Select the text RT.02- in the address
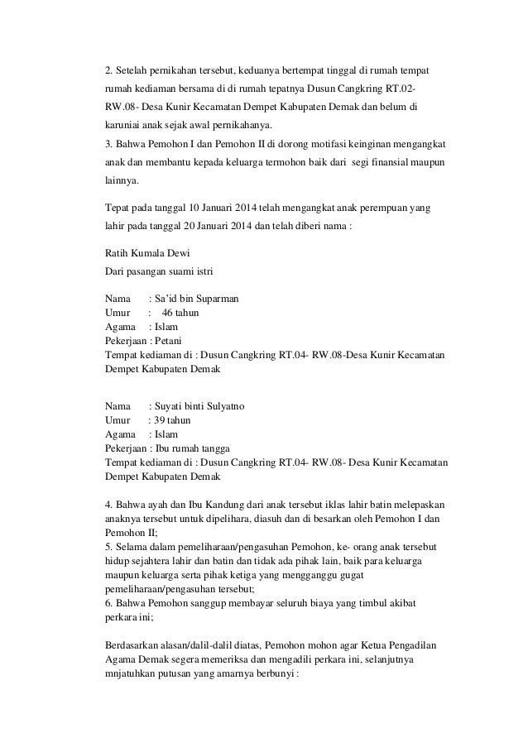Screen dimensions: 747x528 click(x=401, y=88)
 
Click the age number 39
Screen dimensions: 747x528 click(x=157, y=420)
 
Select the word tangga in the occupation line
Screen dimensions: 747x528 click(x=214, y=448)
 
